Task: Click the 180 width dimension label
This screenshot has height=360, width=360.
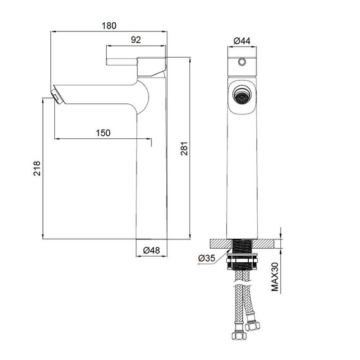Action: [109, 25]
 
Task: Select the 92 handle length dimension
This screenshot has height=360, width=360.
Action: [136, 40]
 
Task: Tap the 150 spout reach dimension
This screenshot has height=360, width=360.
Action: [103, 133]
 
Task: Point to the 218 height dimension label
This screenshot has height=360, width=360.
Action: [37, 168]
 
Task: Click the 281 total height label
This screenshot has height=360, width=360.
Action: [184, 149]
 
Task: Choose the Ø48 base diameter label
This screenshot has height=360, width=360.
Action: [152, 250]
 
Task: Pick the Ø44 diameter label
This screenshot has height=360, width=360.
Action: [242, 41]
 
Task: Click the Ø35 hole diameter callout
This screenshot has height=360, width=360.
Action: [207, 258]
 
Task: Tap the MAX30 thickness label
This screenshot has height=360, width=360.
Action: [275, 277]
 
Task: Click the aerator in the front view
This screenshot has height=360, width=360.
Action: [241, 97]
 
